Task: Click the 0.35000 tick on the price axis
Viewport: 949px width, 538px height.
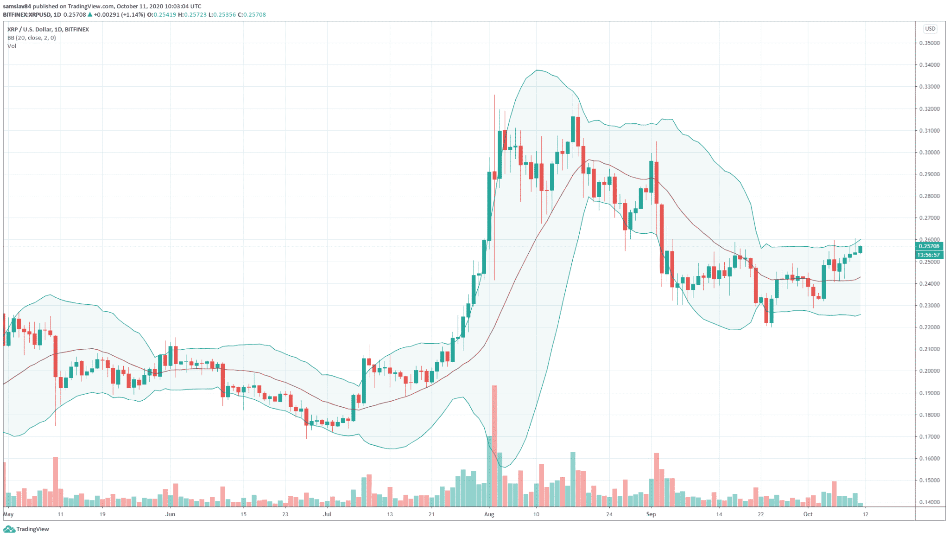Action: tap(930, 43)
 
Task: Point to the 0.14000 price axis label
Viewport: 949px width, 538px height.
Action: tap(930, 502)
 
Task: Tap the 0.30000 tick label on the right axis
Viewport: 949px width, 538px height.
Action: tap(930, 153)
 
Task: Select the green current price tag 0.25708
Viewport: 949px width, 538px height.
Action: tap(929, 246)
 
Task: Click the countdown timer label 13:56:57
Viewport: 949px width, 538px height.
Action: tap(929, 255)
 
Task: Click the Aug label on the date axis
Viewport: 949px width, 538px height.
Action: tap(489, 514)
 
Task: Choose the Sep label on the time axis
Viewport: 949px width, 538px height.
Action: tap(651, 514)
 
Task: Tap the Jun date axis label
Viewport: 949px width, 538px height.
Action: tap(170, 514)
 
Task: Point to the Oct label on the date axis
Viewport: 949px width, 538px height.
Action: tap(808, 514)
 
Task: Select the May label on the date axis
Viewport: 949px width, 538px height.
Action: tap(8, 514)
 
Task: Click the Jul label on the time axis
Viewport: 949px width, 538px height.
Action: tap(327, 514)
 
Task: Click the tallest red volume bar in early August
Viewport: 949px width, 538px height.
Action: tap(494, 445)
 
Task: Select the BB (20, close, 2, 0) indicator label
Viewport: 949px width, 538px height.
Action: tap(32, 38)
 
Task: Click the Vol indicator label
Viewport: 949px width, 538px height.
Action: tap(12, 46)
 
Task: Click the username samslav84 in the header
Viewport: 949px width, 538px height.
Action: tap(17, 6)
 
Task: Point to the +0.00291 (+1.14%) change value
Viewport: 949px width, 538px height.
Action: tap(119, 15)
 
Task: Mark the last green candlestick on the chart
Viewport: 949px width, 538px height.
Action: tap(860, 250)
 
